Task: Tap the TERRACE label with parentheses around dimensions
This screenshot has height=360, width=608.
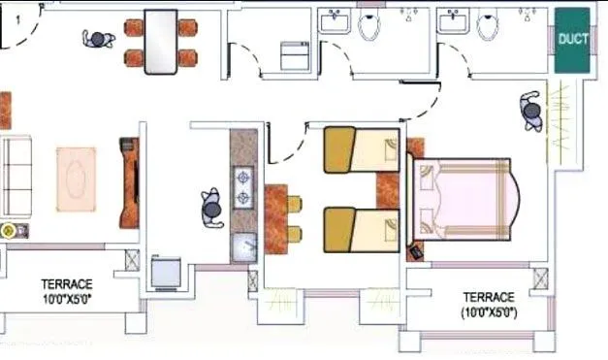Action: point(488,305)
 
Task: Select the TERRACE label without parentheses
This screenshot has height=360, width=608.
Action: point(67,291)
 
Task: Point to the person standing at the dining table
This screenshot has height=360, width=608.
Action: point(97,40)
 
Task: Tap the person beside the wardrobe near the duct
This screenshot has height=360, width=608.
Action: point(531,112)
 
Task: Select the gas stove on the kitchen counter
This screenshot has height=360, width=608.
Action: point(242,189)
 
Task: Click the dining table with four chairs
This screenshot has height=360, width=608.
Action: point(160,42)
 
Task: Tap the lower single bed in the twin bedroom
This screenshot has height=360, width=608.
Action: point(361,229)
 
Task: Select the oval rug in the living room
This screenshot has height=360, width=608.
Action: point(76,179)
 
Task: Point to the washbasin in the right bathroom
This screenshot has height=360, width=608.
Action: point(454,21)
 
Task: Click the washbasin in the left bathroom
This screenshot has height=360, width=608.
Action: point(336,21)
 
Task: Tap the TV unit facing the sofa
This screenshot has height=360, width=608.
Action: point(129,182)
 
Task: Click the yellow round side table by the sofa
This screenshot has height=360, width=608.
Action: point(10,231)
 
